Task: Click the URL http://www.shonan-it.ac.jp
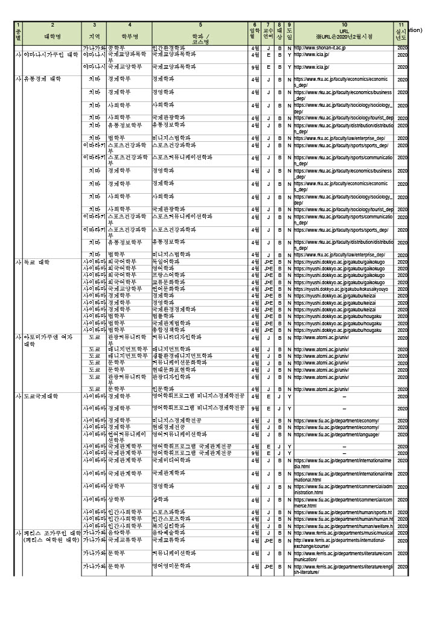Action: tap(320, 48)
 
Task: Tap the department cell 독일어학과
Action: tap(166, 263)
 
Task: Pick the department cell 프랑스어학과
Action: tap(168, 276)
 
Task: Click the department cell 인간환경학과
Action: tap(168, 48)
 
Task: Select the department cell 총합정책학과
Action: tap(168, 330)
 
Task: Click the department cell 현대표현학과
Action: tap(168, 369)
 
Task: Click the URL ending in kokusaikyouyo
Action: tap(342, 289)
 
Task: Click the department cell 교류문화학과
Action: tap(168, 282)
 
